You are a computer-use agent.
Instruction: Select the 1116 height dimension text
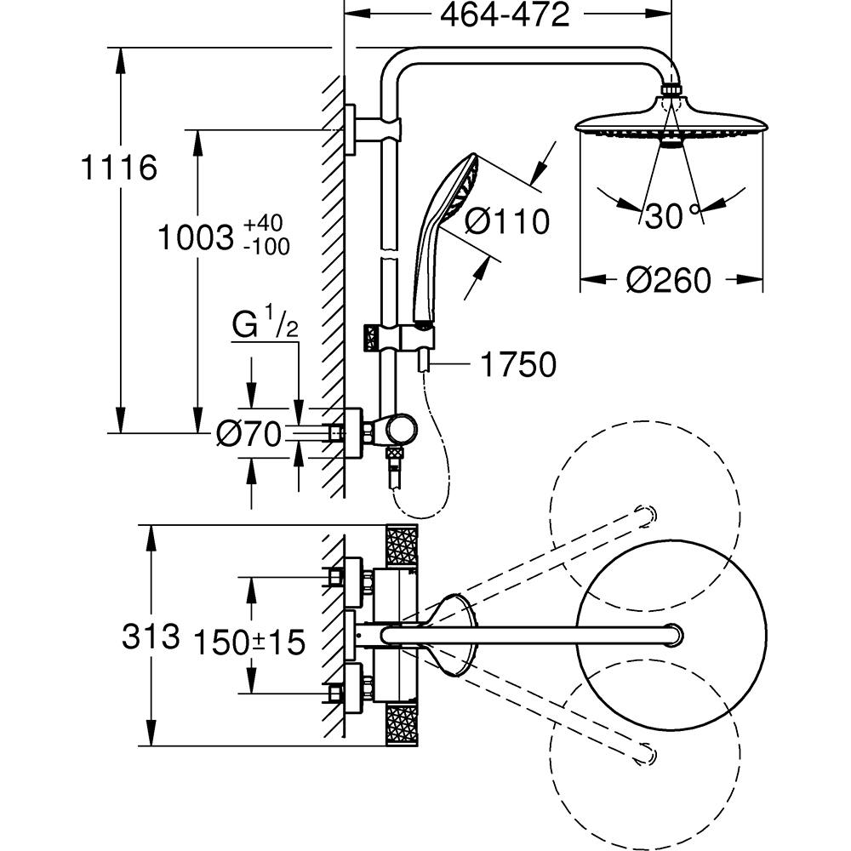(x=118, y=168)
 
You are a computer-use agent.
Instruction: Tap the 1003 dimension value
(x=195, y=237)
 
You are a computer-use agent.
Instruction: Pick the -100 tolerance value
(x=266, y=247)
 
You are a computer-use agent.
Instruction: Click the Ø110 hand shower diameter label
(x=507, y=221)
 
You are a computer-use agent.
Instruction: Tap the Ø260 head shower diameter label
(x=668, y=279)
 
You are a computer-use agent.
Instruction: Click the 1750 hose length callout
(x=517, y=364)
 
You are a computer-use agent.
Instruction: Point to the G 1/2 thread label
(x=265, y=325)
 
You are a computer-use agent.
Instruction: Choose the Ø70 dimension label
(x=248, y=435)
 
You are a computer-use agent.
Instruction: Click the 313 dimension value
(x=151, y=636)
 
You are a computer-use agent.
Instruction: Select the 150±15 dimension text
(x=249, y=643)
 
